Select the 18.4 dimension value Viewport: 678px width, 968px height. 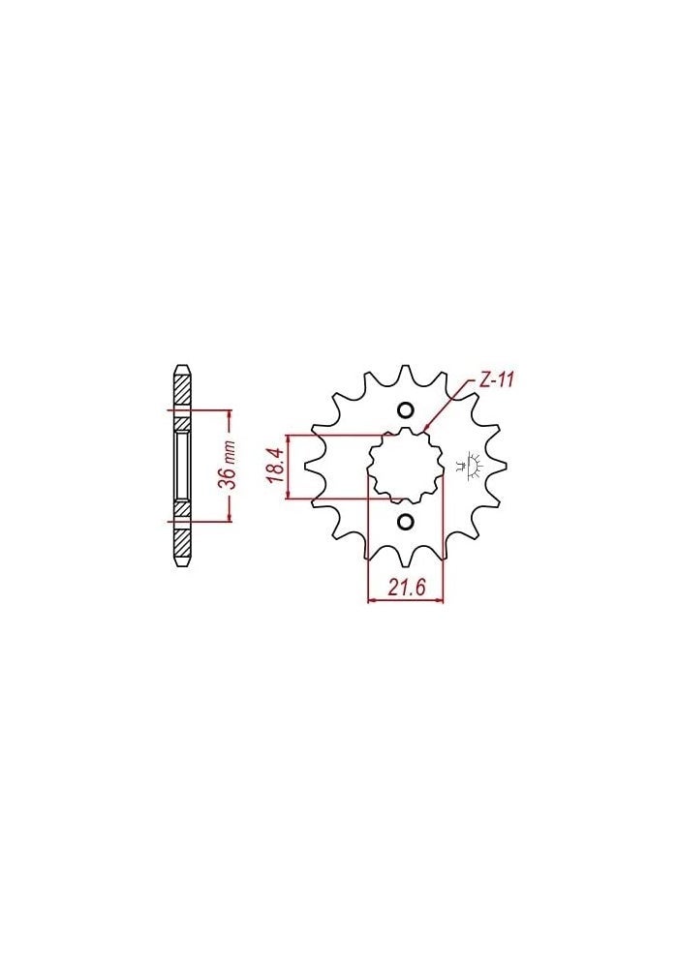point(275,467)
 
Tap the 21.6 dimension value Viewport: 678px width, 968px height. point(405,588)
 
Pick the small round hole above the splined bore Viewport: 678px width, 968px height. point(405,409)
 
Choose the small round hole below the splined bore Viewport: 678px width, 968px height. point(405,523)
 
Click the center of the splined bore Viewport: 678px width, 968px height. point(405,467)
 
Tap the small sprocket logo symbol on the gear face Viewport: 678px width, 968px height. point(474,466)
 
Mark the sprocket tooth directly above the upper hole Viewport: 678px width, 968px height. point(406,372)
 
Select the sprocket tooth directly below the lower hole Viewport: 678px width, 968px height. point(405,561)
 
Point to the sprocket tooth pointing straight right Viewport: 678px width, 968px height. point(500,467)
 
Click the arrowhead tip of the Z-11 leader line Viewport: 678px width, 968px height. point(425,428)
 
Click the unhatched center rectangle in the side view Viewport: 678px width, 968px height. point(181,467)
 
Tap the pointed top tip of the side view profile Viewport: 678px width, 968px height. point(181,365)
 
